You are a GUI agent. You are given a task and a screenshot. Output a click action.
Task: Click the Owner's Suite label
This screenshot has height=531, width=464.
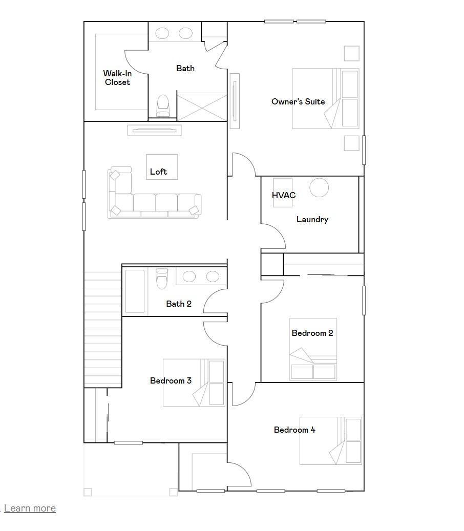(298, 101)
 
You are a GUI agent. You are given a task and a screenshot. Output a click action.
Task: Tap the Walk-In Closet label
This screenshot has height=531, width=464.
(117, 78)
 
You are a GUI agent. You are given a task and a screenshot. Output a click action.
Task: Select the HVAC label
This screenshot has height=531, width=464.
(283, 195)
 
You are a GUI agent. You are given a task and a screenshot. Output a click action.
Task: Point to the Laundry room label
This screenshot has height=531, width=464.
(312, 219)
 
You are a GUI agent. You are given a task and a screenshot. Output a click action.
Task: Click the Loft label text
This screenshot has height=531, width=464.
(158, 172)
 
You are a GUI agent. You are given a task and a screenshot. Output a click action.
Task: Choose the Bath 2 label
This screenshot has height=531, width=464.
(179, 304)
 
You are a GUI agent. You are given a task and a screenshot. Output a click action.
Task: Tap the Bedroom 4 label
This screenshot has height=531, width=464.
(294, 430)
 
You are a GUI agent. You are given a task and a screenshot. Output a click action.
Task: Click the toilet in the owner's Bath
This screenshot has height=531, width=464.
(162, 105)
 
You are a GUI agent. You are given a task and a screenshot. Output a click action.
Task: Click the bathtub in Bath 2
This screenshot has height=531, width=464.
(135, 291)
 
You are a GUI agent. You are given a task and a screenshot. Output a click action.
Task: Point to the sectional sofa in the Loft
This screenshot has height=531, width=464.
(154, 202)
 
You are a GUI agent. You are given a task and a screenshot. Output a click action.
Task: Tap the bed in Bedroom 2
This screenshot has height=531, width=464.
(313, 353)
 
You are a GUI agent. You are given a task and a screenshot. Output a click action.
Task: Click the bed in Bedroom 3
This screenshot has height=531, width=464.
(194, 383)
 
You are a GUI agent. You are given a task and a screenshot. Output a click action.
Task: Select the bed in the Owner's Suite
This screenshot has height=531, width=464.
(325, 98)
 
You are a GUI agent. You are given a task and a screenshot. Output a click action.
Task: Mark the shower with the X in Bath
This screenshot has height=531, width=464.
(201, 107)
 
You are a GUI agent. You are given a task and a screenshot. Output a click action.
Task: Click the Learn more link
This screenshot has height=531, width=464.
(30, 508)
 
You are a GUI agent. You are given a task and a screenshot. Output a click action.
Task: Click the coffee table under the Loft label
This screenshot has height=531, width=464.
(162, 166)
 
